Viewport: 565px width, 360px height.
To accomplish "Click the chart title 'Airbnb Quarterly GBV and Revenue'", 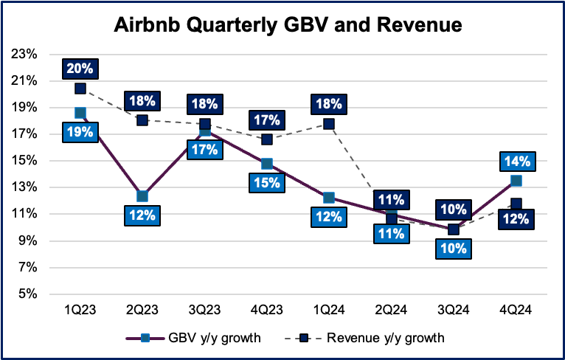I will click(x=288, y=26).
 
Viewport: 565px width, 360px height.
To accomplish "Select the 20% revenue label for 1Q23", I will click(x=80, y=69).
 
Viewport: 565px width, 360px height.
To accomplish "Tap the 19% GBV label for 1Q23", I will click(x=80, y=133).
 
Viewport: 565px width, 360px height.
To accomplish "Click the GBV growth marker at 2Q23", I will click(x=142, y=196).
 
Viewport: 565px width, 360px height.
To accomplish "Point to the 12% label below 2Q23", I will click(x=142, y=216).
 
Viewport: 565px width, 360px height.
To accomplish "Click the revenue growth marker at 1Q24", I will click(x=329, y=124).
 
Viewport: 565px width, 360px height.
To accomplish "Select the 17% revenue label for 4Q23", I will click(x=266, y=120).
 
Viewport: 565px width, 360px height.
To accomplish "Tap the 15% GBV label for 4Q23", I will click(x=266, y=183).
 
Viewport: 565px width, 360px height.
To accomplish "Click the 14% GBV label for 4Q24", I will click(x=516, y=162).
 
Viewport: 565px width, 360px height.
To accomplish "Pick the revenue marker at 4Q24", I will click(x=516, y=204).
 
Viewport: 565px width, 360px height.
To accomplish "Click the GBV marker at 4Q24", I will click(x=516, y=181).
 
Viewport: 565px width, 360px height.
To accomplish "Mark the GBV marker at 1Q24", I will click(x=329, y=198).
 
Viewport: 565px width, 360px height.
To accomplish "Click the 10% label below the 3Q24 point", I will click(x=454, y=249).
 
